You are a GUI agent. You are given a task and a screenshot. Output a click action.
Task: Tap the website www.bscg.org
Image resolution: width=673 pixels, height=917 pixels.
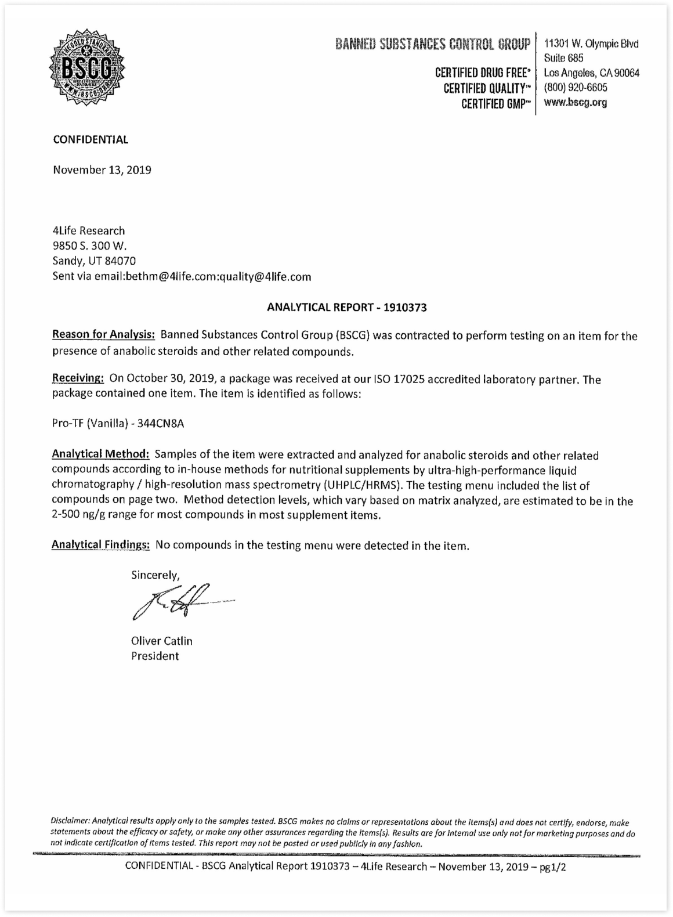point(576,103)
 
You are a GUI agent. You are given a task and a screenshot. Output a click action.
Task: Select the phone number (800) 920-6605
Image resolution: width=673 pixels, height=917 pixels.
point(576,88)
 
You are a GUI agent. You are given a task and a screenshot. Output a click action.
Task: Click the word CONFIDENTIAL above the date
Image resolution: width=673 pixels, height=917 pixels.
point(91,139)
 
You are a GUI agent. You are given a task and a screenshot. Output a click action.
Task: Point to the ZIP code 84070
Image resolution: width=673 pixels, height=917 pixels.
point(121,261)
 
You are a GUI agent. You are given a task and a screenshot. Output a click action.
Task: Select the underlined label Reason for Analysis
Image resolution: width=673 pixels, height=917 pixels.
point(103,335)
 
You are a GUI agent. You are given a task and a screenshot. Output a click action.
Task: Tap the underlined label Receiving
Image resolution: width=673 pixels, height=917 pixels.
point(78,378)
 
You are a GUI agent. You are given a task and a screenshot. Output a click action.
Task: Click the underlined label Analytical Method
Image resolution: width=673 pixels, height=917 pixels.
point(100,454)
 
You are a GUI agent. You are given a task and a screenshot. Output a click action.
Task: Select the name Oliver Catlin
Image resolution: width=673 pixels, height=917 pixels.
point(162,641)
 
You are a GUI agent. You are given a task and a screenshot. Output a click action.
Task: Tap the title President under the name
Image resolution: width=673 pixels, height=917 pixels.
point(155,656)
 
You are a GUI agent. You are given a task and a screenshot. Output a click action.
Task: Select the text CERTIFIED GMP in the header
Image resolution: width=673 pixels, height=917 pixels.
point(494,103)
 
